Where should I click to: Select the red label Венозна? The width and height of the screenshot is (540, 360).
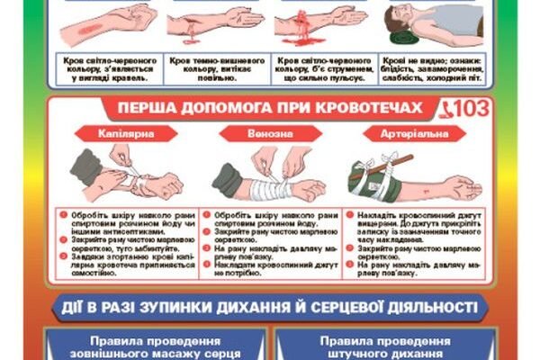pos(266,133)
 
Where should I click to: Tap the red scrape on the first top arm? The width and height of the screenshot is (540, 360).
pos(86,29)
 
